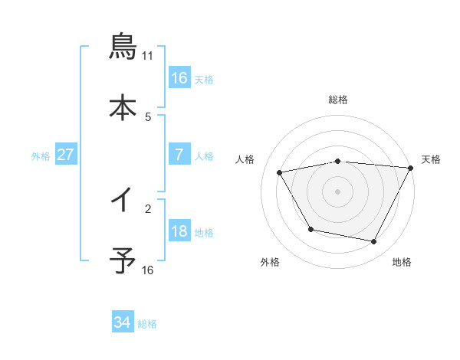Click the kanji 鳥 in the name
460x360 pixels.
point(123,47)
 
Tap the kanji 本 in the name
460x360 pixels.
point(123,107)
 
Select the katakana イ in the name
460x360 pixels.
point(123,201)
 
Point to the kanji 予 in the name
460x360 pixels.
point(123,261)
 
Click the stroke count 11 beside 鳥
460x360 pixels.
point(147,56)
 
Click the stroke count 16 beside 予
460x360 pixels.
point(147,270)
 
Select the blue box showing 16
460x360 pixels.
point(179,78)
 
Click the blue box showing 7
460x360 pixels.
point(179,155)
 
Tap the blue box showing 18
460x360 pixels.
point(179,231)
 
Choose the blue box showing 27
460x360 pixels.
point(66,155)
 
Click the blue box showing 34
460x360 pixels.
point(123,322)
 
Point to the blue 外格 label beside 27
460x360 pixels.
point(41,156)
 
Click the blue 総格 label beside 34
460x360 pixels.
point(147,324)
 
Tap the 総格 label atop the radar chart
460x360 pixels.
point(338,100)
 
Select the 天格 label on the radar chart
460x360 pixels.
point(431,159)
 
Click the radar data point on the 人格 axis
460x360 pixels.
point(280,173)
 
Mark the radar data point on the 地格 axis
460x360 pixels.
point(374,242)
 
